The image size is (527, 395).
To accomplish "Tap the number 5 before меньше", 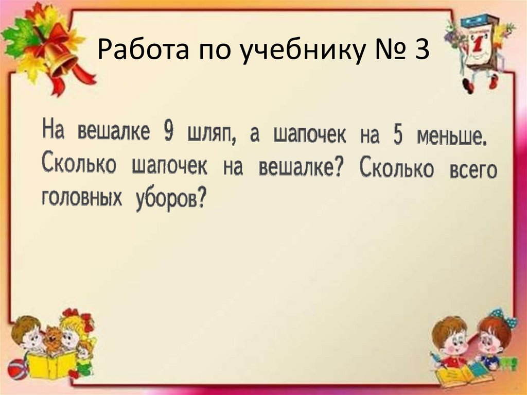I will [x=397, y=136].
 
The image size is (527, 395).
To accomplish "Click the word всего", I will [x=472, y=169].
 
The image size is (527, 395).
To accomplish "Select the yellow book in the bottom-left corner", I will [x=51, y=365].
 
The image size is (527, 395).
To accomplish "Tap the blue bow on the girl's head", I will [x=498, y=315].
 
